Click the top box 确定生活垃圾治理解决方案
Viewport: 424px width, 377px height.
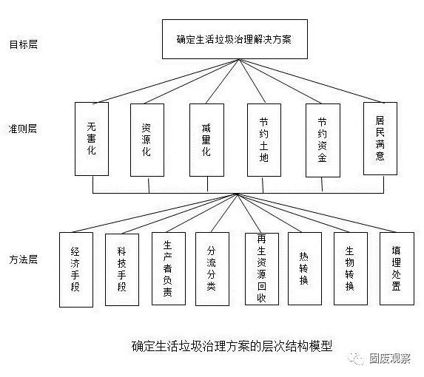235,39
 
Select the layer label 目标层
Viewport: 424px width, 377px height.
24,44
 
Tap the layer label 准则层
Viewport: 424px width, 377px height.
23,129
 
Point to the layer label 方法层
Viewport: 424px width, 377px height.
23,259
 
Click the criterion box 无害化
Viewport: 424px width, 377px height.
92,139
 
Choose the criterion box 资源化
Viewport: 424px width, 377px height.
147,140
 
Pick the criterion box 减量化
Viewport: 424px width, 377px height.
207,140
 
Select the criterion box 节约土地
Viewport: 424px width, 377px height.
264,140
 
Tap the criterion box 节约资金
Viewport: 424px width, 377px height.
323,140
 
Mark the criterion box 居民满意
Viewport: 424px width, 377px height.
380,138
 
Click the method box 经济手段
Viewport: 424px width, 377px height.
76,270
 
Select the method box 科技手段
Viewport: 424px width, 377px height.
122,270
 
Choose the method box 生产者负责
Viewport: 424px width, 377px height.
169,269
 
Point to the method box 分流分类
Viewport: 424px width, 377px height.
212,269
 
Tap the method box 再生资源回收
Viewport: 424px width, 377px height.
262,269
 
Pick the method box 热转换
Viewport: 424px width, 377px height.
305,269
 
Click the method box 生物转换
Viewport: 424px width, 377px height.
351,269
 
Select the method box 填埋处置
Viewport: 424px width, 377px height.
397,269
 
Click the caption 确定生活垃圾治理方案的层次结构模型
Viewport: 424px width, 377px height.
232,346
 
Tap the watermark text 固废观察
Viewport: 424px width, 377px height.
390,359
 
